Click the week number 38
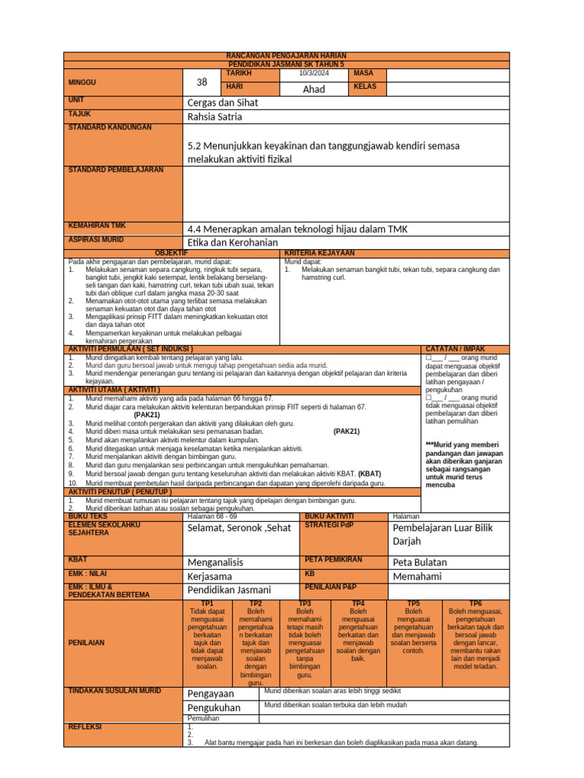tap(202, 82)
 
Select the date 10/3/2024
tap(314, 73)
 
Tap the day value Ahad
tap(314, 89)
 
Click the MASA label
tap(364, 73)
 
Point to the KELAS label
tap(367, 87)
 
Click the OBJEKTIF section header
tap(171, 252)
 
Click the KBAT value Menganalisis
tap(215, 562)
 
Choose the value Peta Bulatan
tap(420, 562)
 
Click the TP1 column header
tap(207, 602)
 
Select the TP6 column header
tap(476, 602)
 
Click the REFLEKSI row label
tap(86, 726)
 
